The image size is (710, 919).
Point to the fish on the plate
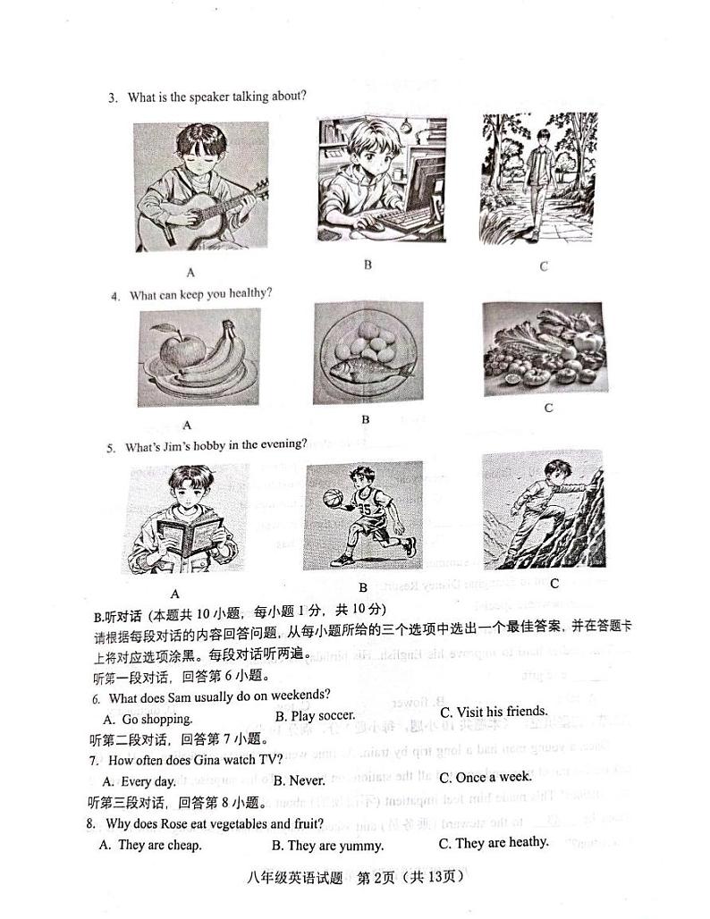click(368, 370)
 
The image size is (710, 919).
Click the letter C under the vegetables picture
click(548, 409)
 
